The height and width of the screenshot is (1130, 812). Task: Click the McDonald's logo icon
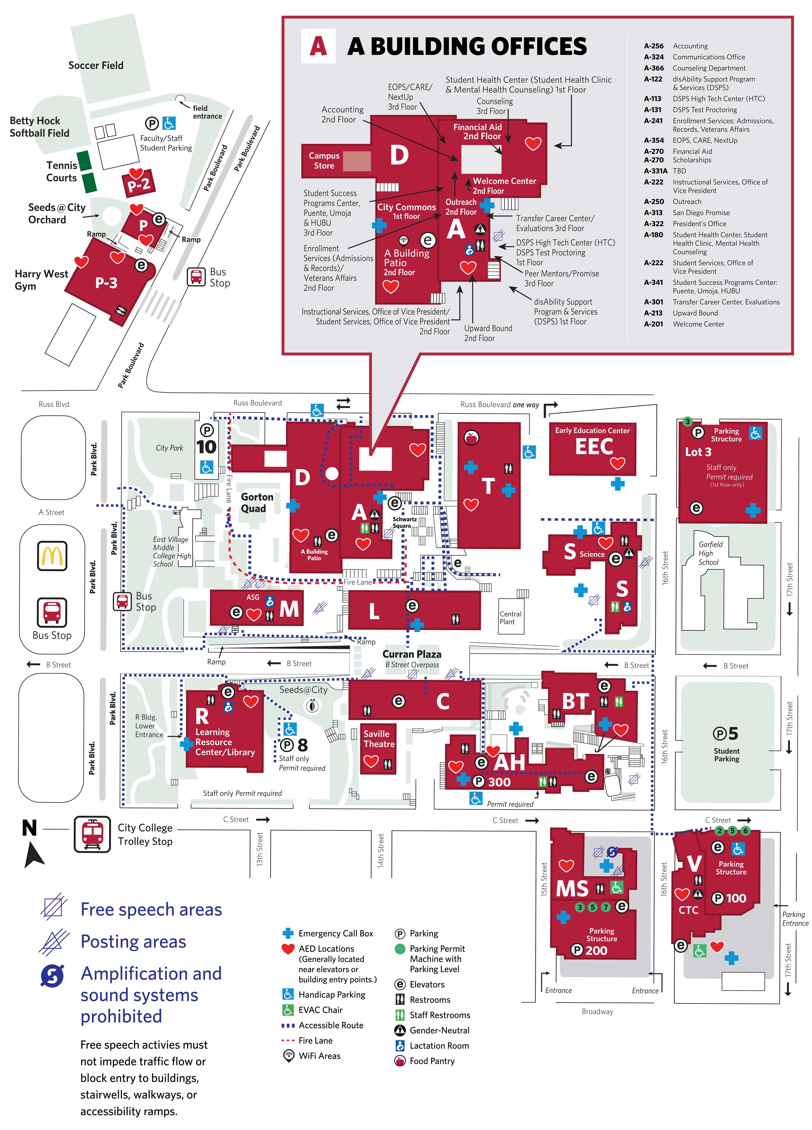[x=52, y=556]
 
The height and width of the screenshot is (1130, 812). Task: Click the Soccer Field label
[x=96, y=65]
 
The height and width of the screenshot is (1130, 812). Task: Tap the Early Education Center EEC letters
[x=594, y=446]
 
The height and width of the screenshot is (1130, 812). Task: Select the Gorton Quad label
[x=257, y=502]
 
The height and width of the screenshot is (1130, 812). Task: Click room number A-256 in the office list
[x=654, y=46]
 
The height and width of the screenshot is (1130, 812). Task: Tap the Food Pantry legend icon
[x=399, y=1061]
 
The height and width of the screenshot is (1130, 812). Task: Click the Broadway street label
[x=597, y=1011]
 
